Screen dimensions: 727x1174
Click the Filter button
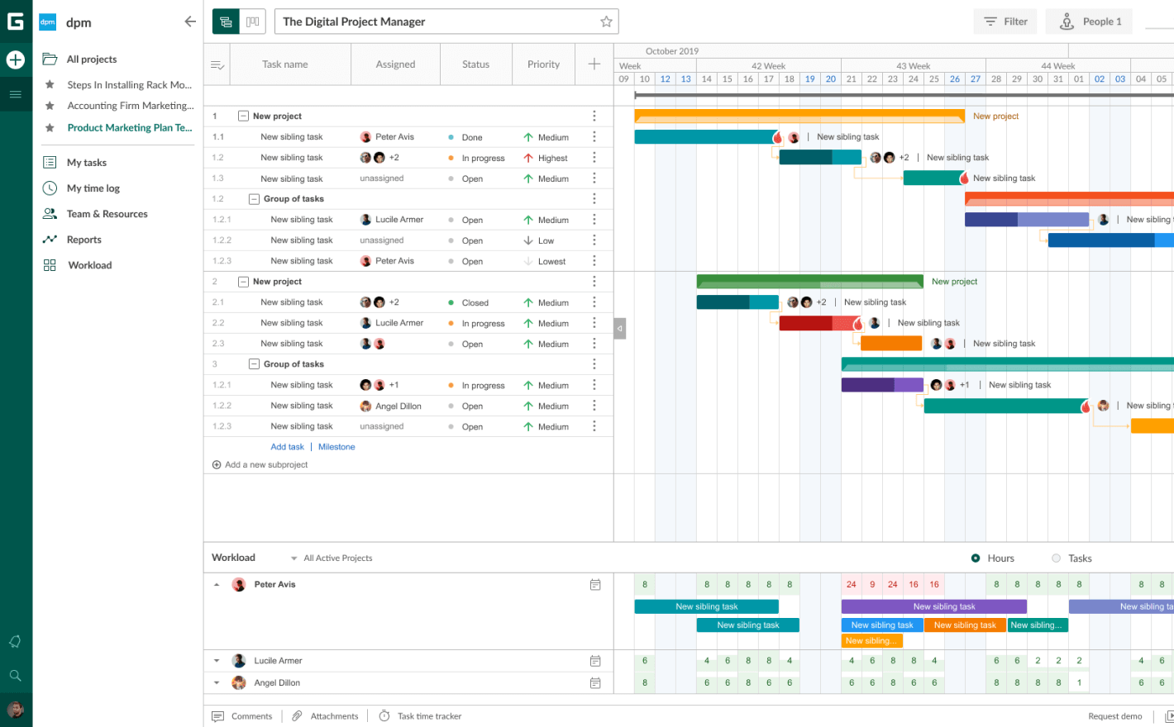(1005, 21)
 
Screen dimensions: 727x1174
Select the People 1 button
(1090, 21)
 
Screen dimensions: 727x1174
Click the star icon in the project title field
(606, 21)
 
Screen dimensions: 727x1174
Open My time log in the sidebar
(93, 188)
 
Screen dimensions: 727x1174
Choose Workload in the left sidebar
(89, 265)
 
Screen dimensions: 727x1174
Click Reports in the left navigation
(84, 240)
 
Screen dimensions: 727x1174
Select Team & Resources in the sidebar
(107, 214)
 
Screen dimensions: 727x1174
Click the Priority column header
(543, 64)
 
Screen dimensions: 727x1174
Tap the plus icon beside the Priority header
(594, 64)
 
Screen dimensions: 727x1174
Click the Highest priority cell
(551, 158)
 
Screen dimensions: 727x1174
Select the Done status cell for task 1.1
(471, 137)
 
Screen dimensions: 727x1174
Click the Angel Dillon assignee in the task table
(398, 406)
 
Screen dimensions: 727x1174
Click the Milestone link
(336, 447)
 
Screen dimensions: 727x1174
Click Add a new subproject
(265, 464)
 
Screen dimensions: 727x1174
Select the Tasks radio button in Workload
(1057, 558)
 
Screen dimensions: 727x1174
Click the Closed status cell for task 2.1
(475, 302)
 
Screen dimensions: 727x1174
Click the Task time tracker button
(428, 716)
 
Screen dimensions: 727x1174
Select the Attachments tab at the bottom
(333, 716)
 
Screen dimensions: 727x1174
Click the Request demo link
(1114, 716)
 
